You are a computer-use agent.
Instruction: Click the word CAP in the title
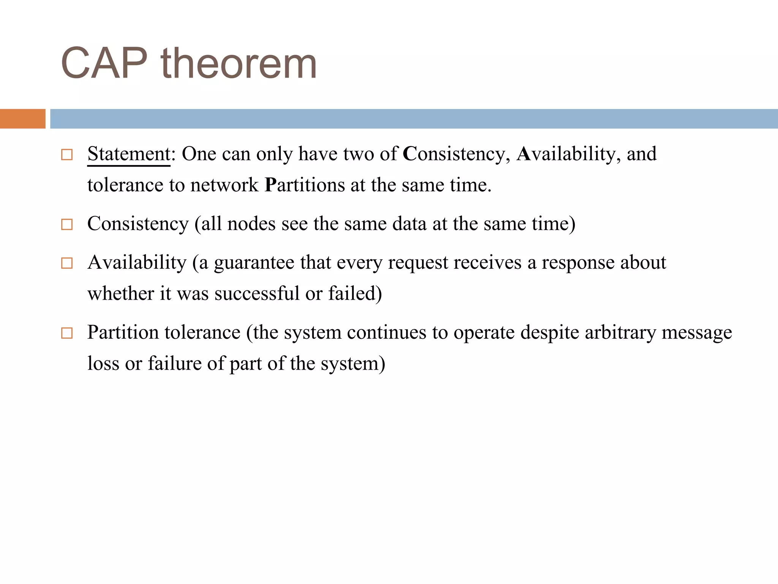point(104,63)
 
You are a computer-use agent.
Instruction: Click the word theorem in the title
point(239,63)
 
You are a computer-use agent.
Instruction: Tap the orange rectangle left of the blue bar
point(22,119)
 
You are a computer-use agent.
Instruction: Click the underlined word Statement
point(128,154)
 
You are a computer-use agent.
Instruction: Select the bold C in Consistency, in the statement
point(410,154)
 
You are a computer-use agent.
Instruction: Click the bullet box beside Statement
point(67,155)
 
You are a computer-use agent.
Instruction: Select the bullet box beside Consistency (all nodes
point(67,224)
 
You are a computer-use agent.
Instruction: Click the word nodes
point(251,224)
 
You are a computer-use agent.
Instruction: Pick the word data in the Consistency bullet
point(410,224)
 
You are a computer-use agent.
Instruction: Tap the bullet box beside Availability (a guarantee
point(67,263)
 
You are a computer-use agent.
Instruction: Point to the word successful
point(257,294)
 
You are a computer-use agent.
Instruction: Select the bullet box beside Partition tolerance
point(67,333)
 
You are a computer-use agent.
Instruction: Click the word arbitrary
point(620,332)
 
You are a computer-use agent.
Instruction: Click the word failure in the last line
point(174,363)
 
